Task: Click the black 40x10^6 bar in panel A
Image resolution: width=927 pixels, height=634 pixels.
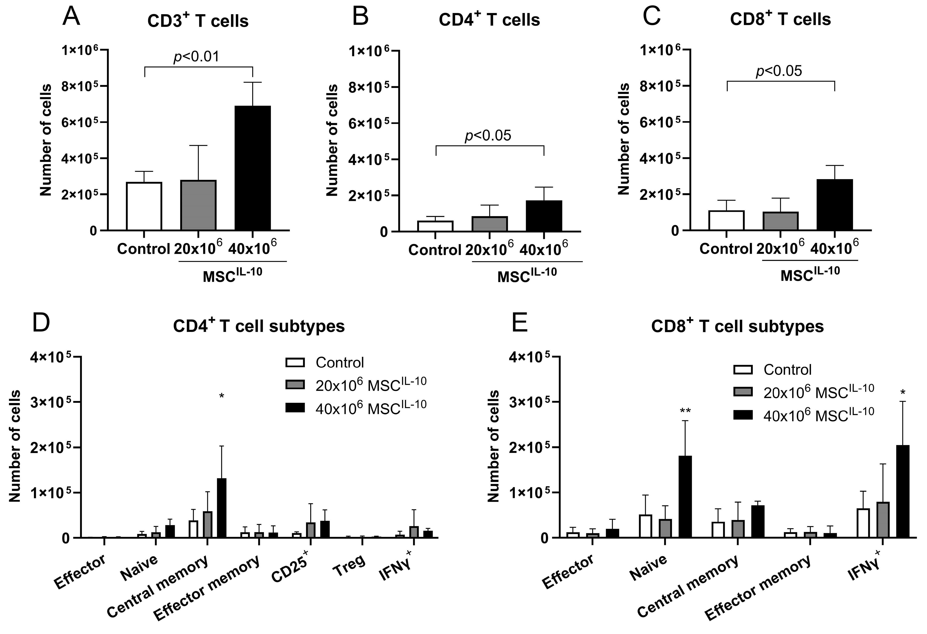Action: click(x=252, y=168)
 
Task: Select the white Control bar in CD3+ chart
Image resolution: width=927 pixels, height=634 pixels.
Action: click(x=144, y=206)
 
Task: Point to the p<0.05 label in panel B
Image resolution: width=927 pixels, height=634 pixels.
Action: click(x=488, y=136)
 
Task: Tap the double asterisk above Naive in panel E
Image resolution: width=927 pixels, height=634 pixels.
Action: click(x=685, y=411)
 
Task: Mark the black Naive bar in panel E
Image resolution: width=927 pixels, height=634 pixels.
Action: click(x=685, y=497)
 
